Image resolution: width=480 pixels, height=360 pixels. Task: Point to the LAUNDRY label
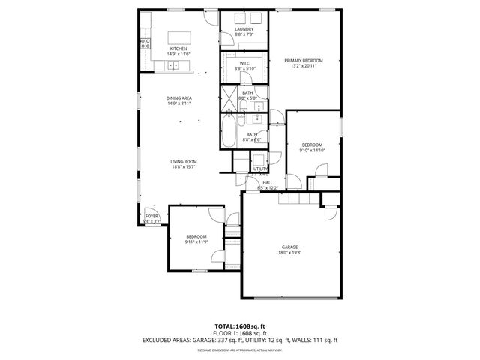[x=244, y=29]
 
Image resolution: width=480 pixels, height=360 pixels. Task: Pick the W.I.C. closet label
[x=244, y=63]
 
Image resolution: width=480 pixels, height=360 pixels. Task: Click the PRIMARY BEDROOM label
[x=303, y=59]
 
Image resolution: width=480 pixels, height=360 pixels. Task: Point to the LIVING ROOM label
[x=183, y=161]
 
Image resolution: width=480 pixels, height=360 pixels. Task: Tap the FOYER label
[x=151, y=216]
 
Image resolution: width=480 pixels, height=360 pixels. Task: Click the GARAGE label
[x=290, y=247]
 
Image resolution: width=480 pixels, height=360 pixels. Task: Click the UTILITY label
[x=260, y=169]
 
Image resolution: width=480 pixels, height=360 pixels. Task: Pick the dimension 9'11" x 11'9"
[x=196, y=242]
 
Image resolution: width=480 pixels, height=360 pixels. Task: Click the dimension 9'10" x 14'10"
[x=312, y=150]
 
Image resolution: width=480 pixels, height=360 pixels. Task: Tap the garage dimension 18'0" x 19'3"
[x=290, y=253]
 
